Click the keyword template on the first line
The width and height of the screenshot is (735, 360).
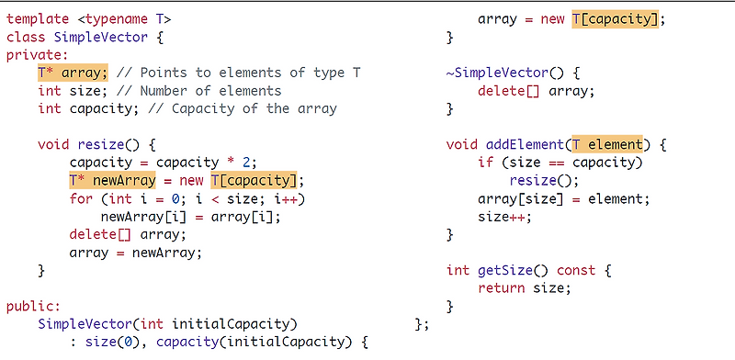39,18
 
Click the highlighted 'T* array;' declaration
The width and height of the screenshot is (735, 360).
73,73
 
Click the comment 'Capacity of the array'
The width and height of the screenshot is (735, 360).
245,108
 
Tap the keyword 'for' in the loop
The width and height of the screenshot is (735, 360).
81,198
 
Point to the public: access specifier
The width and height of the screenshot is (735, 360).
33,307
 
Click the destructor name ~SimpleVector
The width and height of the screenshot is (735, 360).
501,73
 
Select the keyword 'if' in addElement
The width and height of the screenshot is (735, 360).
486,163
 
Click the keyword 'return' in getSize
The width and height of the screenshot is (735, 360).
502,288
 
